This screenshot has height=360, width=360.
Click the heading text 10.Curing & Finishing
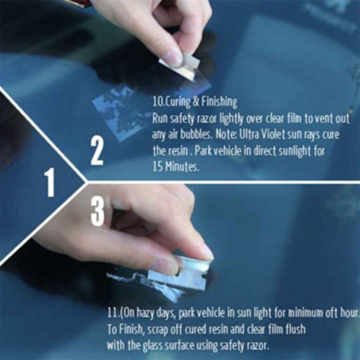point(195,102)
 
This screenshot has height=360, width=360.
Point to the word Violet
point(279,135)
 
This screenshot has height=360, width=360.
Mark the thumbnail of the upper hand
point(171,58)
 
